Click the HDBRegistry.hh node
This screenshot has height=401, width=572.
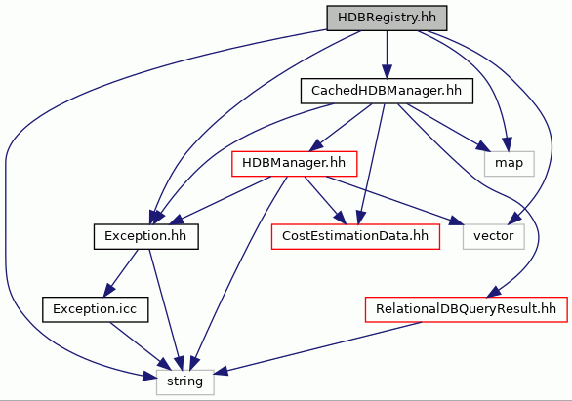pyautogui.click(x=387, y=18)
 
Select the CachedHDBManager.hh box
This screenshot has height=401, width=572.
pyautogui.click(x=387, y=91)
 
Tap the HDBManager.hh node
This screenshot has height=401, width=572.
pyautogui.click(x=294, y=164)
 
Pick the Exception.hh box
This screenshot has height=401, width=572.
pyautogui.click(x=145, y=236)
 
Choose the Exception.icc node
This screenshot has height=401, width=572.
pyautogui.click(x=96, y=309)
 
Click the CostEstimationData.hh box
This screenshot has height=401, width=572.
pyautogui.click(x=355, y=236)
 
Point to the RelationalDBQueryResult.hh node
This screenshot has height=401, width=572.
pyautogui.click(x=467, y=309)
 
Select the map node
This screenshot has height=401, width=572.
pyautogui.click(x=509, y=164)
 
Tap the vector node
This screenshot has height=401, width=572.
pyautogui.click(x=493, y=236)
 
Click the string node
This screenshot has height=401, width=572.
pyautogui.click(x=184, y=382)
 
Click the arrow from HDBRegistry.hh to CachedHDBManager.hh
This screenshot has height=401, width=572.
pyautogui.click(x=387, y=55)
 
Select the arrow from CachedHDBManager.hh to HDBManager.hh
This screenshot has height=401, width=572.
pyautogui.click(x=341, y=127)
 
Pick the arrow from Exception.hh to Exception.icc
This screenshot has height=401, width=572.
pyautogui.click(x=121, y=273)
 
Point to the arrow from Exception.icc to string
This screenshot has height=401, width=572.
pyautogui.click(x=141, y=346)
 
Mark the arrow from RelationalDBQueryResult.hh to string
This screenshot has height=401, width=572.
pyautogui.click(x=317, y=347)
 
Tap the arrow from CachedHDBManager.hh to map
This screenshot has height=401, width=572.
pyautogui.click(x=449, y=127)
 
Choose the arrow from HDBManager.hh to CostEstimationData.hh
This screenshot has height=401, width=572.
pyautogui.click(x=325, y=200)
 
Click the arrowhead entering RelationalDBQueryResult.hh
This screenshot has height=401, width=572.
pyautogui.click(x=493, y=293)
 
